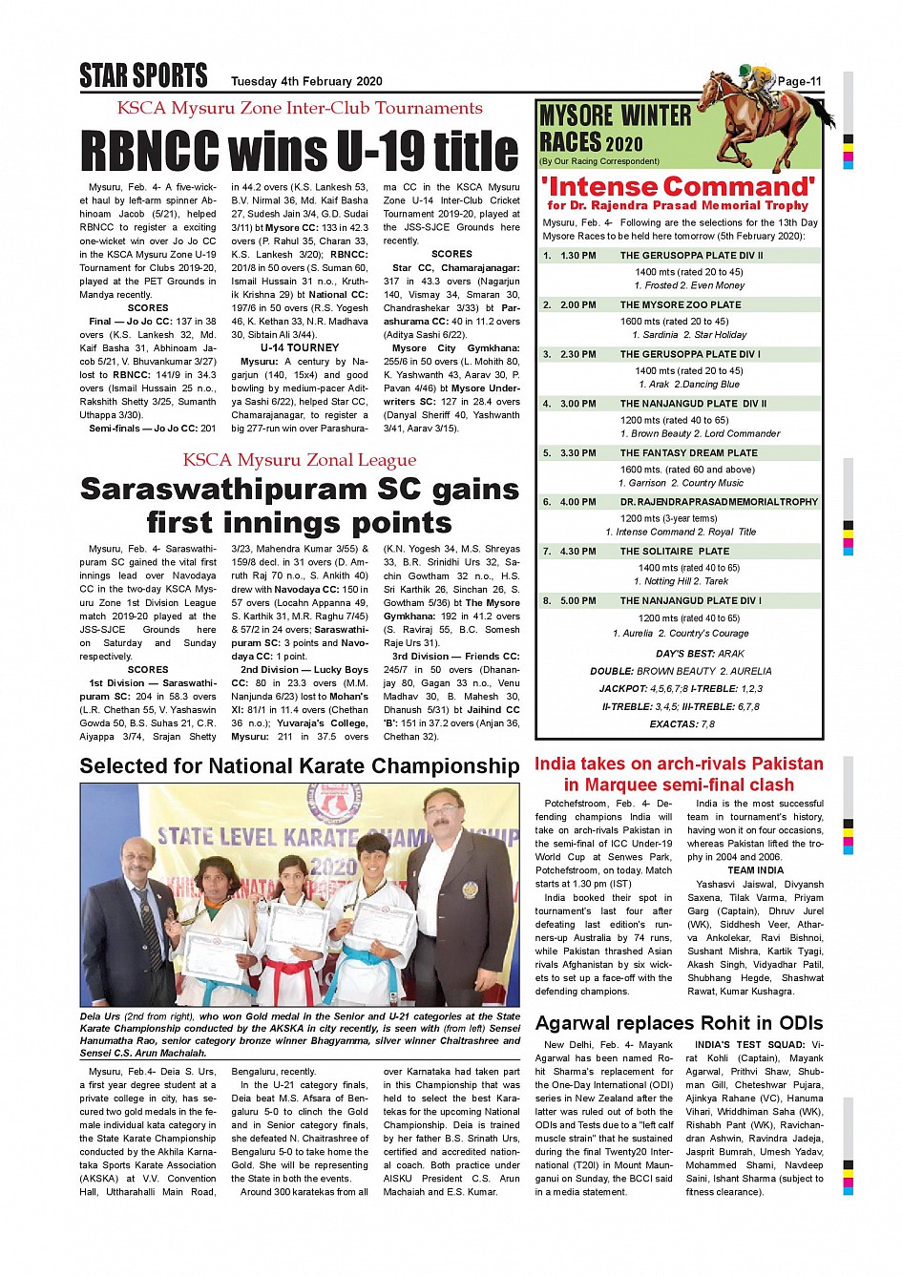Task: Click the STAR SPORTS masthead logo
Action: point(143,75)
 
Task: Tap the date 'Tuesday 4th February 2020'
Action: point(305,82)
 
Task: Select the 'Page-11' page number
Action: point(799,82)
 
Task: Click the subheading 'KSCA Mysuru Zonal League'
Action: point(300,460)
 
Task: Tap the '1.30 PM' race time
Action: point(578,256)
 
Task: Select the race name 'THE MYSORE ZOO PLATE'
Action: point(680,305)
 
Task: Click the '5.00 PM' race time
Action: point(578,601)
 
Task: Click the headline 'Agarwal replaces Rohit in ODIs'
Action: point(679,1023)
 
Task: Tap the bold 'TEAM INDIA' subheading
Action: point(755,870)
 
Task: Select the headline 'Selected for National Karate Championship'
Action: point(300,766)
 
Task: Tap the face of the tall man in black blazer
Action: point(443,813)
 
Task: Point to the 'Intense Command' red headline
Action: point(678,186)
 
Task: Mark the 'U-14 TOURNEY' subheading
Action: point(299,348)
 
